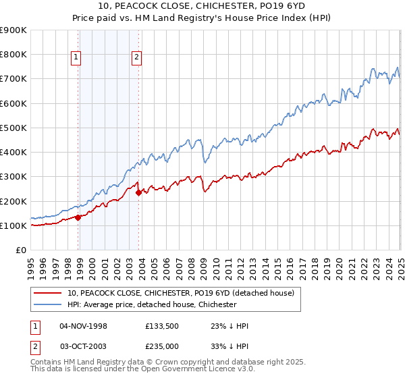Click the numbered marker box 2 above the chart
[x=136, y=58]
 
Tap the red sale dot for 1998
[x=78, y=217]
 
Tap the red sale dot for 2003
[x=138, y=192]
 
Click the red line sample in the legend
[x=48, y=294]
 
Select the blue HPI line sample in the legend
[x=48, y=305]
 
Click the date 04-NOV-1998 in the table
[x=84, y=326]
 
